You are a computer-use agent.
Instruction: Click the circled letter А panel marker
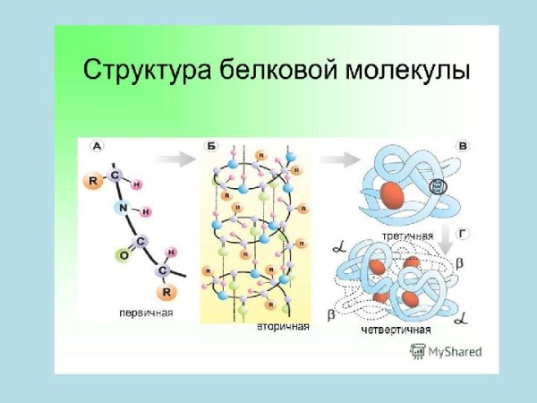coord(97,144)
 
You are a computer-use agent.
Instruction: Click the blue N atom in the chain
coord(122,208)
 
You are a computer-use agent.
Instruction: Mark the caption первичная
coord(146,313)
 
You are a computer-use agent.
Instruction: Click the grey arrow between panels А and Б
coord(183,159)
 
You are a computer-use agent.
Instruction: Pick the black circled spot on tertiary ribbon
coord(437,187)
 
